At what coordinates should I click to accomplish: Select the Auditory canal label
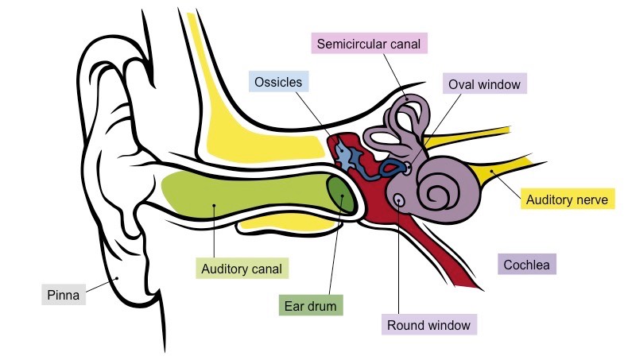[x=241, y=268]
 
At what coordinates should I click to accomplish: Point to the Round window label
[x=428, y=324]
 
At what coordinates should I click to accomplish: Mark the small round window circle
[x=398, y=198]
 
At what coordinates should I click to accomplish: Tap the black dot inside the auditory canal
[x=215, y=205]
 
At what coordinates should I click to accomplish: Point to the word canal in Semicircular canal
[x=400, y=43]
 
